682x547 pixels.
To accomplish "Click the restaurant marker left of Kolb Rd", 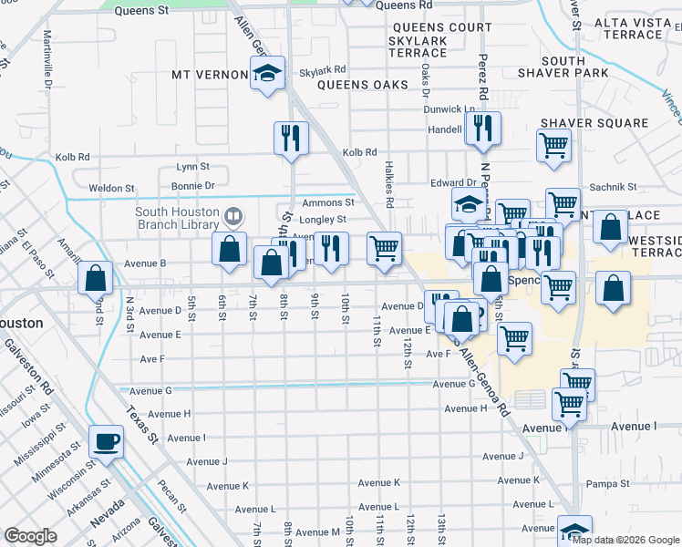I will pos(291,138).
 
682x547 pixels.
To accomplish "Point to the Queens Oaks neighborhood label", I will pos(363,85).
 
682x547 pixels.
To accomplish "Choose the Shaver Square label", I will pos(594,123).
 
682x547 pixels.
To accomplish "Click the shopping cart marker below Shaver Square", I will pos(553,145).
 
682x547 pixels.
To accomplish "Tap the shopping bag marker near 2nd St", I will pos(95,277).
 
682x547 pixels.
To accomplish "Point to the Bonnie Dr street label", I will pos(196,185).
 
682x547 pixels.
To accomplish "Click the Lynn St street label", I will pos(192,167).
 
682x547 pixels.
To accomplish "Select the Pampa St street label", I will pos(609,484).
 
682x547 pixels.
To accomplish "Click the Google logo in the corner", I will pos(30,536).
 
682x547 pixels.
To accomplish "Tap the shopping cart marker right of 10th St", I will pos(385,247).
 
